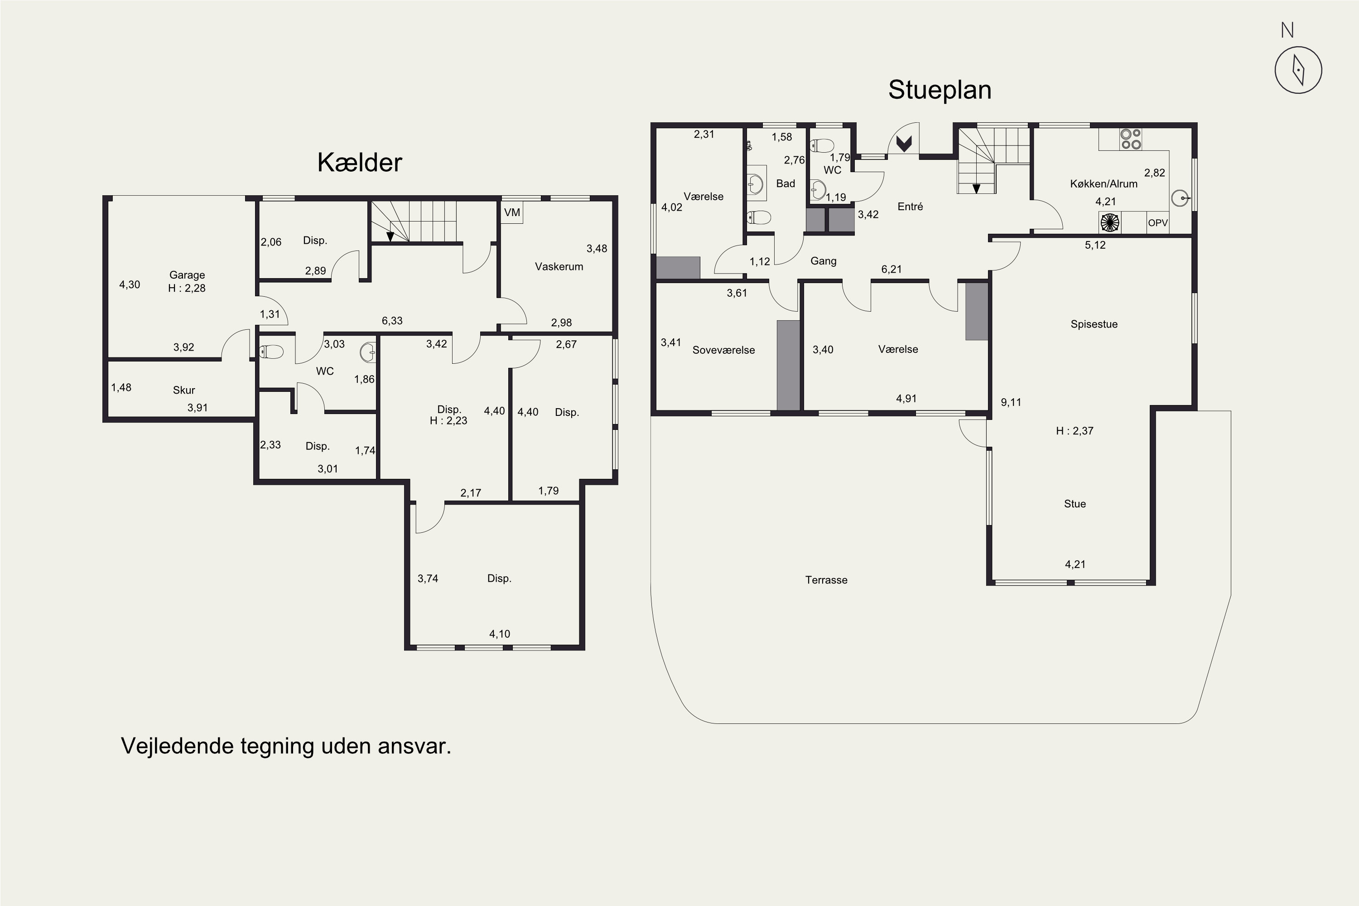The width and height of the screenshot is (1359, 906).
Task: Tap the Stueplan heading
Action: click(940, 90)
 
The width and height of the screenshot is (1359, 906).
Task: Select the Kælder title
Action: click(359, 162)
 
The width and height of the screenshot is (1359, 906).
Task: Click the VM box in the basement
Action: click(512, 212)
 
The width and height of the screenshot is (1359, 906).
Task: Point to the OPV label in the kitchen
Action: click(1158, 223)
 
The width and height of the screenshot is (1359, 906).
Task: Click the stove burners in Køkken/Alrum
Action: click(1131, 139)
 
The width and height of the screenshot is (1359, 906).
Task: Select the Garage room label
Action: click(187, 275)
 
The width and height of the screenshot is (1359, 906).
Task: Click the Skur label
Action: click(184, 390)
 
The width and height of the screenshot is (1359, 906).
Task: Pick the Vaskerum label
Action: click(559, 266)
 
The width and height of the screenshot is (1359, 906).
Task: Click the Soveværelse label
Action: click(723, 350)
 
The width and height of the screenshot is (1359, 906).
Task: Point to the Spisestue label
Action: click(1094, 324)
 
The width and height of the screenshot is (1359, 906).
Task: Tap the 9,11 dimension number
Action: click(1011, 402)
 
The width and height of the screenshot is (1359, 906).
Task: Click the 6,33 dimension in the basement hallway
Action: click(392, 321)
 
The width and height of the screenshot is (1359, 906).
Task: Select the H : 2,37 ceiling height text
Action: click(1075, 430)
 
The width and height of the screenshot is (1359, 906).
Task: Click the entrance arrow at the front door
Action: click(904, 143)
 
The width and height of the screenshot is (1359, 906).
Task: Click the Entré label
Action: click(910, 206)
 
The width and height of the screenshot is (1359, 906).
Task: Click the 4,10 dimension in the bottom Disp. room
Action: click(500, 634)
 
